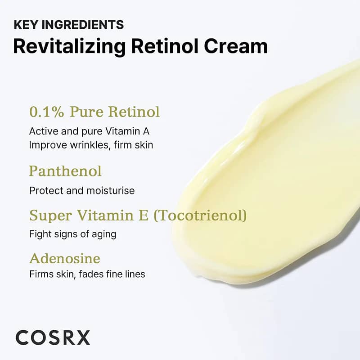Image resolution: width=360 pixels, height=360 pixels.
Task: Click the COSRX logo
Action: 53,337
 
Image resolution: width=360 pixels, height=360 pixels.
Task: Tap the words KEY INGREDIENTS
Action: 69,25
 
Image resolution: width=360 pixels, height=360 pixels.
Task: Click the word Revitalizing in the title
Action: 69,47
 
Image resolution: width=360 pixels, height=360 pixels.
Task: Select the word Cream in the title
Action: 236,46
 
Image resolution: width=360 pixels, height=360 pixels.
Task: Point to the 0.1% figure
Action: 47,112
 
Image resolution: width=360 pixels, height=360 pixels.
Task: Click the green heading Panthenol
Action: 65,171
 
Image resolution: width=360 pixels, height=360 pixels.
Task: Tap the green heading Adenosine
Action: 65,258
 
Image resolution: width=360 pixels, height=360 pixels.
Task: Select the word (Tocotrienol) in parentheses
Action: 200,216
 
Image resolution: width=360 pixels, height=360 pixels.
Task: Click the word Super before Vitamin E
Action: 51,216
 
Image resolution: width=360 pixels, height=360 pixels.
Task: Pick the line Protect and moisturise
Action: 82,190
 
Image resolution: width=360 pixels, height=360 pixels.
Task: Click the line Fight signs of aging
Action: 73,234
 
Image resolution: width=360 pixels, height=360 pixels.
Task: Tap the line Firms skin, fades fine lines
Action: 87,274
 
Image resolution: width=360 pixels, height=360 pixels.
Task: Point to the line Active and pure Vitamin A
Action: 89,131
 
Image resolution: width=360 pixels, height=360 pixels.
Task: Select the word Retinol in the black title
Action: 165,46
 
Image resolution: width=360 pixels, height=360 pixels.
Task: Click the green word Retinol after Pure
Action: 134,112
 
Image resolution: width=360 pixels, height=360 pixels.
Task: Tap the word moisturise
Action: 111,190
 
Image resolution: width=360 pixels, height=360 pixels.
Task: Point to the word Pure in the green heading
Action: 86,112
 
